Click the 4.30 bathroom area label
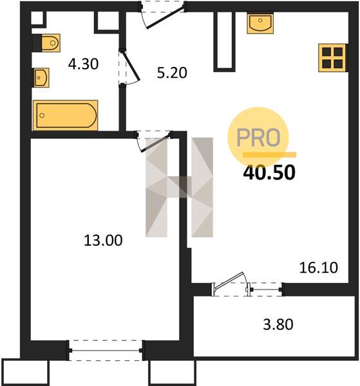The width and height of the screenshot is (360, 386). pos(83,64)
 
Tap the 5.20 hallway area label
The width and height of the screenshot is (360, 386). pos(172,73)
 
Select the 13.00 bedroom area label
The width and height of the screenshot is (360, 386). pos(103,240)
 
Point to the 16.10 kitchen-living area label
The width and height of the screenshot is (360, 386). pos(318,268)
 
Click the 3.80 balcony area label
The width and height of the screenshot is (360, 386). pos(278,324)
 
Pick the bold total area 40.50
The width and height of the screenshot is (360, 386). pos(269,172)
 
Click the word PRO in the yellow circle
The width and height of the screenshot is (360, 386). pos(258,138)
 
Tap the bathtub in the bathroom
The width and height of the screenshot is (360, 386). pos(66,115)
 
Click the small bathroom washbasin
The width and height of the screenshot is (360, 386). pos(41,78)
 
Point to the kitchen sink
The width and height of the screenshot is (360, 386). pos(260,23)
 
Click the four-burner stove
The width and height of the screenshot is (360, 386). pos(332,58)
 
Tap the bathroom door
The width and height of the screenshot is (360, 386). pos(131,68)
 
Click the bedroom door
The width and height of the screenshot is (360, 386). pos(153,142)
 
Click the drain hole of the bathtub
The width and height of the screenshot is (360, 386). pos(42,115)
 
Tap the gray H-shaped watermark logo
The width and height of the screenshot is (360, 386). pos(179,187)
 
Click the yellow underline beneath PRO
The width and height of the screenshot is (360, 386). pos(270,154)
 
